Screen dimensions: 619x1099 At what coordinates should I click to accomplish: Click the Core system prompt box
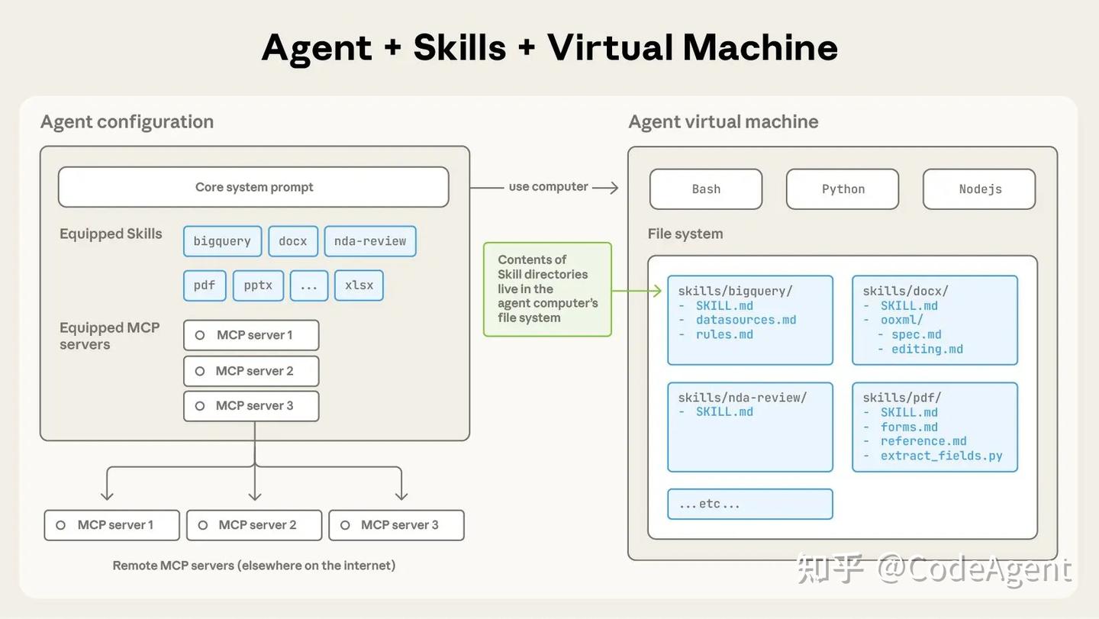(253, 187)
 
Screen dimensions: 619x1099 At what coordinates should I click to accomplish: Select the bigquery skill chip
(222, 241)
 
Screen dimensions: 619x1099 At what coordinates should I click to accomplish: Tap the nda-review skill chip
(370, 241)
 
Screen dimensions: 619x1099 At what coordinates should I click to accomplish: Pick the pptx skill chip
(258, 285)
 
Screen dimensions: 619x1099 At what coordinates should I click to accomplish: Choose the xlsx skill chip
(359, 285)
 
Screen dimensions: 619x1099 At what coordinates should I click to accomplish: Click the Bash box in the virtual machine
(706, 189)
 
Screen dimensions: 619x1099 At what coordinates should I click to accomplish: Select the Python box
(843, 189)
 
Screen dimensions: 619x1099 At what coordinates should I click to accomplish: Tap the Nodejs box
(979, 189)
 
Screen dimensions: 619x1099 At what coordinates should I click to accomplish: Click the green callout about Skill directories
(547, 289)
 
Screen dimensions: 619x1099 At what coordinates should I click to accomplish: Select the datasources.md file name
(746, 320)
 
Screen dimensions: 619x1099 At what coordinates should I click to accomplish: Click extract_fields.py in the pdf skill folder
(941, 456)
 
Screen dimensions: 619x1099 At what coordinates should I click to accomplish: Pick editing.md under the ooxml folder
(927, 349)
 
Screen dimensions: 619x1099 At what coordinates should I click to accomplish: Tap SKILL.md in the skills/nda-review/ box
(724, 411)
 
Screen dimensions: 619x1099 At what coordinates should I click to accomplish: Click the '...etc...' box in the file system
(749, 504)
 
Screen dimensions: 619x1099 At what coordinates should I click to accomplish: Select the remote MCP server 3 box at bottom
(396, 525)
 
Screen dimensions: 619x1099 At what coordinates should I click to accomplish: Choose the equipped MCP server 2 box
(251, 371)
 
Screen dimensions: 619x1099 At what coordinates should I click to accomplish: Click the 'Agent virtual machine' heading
(723, 121)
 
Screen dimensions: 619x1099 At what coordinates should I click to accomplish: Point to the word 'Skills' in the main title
(459, 47)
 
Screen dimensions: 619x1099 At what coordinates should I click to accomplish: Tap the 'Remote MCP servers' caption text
(254, 566)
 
